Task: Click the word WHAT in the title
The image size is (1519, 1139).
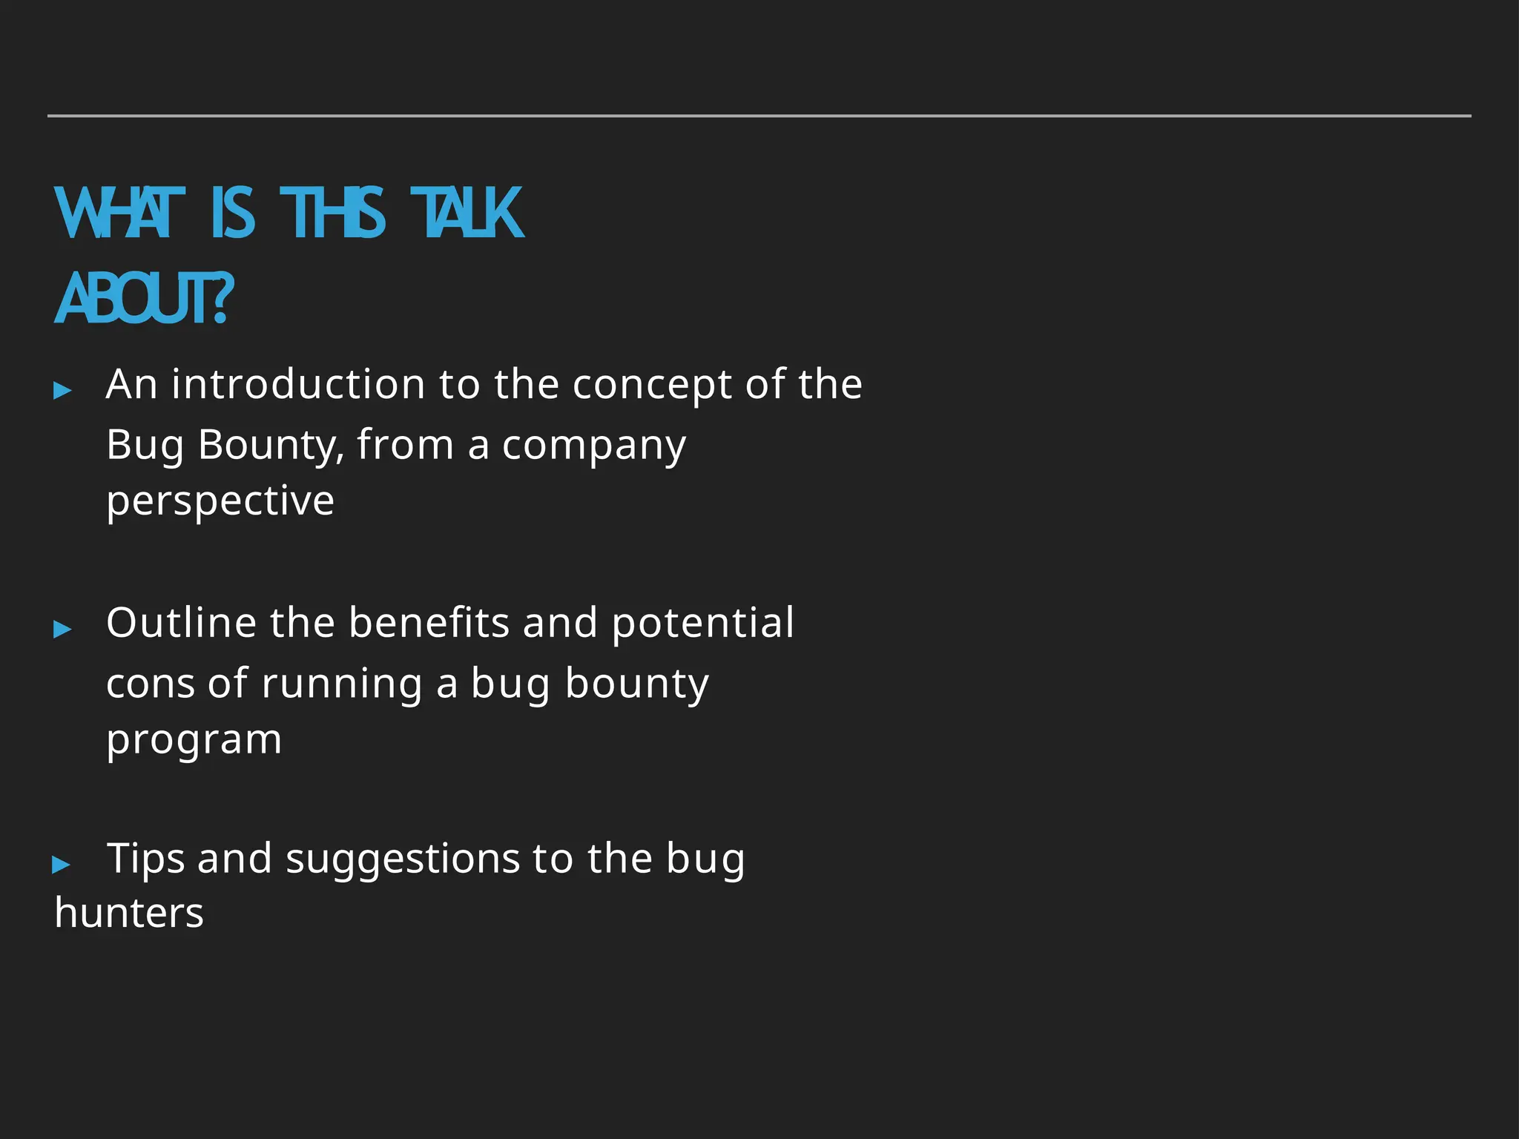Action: click(x=119, y=214)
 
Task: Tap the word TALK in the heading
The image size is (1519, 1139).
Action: click(x=467, y=214)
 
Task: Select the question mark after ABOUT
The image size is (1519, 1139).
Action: click(x=220, y=299)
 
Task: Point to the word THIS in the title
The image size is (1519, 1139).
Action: click(x=332, y=214)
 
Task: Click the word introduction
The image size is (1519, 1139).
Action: click(x=298, y=384)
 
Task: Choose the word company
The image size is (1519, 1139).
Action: click(x=593, y=446)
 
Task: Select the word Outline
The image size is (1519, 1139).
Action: click(x=181, y=622)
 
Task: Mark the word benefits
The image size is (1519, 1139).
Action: click(x=429, y=622)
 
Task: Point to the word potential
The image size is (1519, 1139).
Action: click(x=702, y=624)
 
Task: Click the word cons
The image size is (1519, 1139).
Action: click(x=151, y=684)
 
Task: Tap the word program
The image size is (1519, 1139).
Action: click(x=194, y=740)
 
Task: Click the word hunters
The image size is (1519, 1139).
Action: click(x=129, y=913)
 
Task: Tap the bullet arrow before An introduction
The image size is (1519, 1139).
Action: click(x=63, y=390)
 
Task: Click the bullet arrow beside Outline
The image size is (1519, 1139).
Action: click(x=63, y=630)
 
